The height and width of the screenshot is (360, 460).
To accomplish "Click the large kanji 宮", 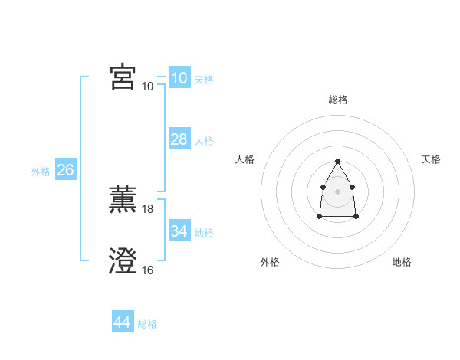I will (x=123, y=77).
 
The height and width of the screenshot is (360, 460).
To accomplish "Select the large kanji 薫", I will (x=123, y=200).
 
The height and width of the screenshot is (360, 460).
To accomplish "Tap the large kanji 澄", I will (x=123, y=261).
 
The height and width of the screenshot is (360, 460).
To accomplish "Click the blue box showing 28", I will (x=179, y=139).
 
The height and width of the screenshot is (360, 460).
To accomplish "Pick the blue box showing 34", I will (x=179, y=231).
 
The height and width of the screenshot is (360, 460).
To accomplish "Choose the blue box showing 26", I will (x=65, y=170).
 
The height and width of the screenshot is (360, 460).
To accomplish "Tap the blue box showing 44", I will (x=122, y=322).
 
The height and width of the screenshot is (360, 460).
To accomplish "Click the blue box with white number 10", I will (x=179, y=77).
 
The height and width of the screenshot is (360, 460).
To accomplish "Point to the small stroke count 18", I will (x=148, y=208).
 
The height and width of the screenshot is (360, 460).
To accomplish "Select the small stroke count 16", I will (x=148, y=270).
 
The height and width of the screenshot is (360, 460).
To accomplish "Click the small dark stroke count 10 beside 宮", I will (x=148, y=86).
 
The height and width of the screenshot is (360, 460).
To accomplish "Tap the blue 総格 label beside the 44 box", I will (x=147, y=324).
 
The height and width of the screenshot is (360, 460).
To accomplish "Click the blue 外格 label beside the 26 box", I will (x=41, y=172).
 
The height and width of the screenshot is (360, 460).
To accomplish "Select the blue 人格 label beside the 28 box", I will (x=204, y=141).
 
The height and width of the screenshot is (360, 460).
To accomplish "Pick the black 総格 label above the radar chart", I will (x=338, y=100).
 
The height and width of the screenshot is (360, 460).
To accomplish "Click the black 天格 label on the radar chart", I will (x=431, y=159).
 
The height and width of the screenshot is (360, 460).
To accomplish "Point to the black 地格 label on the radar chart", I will (x=402, y=263).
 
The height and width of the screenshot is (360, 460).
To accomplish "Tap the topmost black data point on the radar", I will (x=338, y=161).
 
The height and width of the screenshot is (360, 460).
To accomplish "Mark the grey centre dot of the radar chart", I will (x=338, y=191).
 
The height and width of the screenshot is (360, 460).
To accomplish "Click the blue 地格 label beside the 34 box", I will (x=204, y=233).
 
